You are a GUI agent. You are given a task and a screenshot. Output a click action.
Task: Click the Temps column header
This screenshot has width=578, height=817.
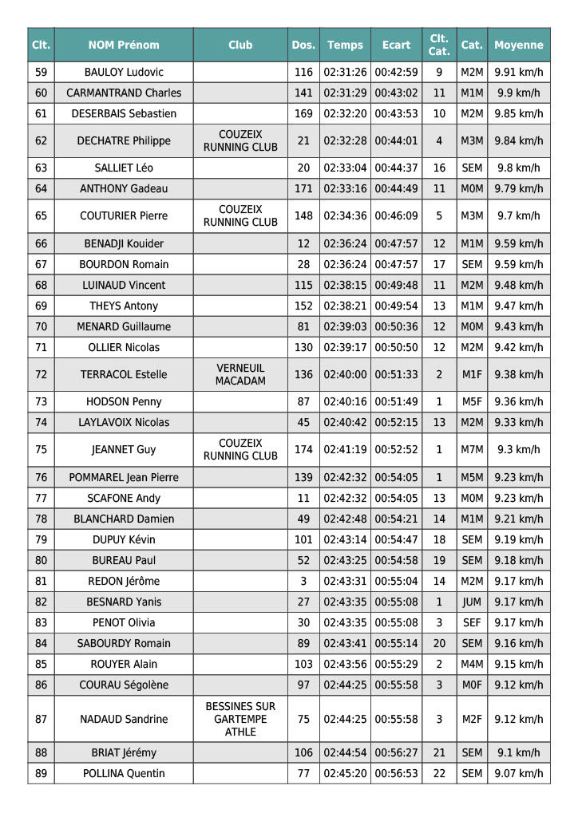[345, 45]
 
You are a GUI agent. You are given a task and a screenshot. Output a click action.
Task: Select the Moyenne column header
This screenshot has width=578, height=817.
[519, 45]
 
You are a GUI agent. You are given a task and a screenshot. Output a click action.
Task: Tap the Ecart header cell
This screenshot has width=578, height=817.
[396, 45]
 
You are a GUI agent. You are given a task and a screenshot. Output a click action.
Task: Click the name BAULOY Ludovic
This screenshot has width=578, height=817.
[124, 72]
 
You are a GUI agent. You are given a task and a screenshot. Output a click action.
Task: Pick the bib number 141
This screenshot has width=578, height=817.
[303, 93]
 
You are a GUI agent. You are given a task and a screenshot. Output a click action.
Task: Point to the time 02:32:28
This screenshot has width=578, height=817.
[345, 140]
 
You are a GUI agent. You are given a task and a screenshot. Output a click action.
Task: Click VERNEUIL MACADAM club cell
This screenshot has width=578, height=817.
[240, 374]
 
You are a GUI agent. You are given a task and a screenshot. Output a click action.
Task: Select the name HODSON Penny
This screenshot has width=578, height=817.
[124, 401]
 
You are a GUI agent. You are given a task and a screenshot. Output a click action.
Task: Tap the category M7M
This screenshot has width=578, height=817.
[472, 449]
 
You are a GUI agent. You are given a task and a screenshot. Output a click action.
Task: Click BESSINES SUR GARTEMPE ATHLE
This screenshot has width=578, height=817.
[240, 719]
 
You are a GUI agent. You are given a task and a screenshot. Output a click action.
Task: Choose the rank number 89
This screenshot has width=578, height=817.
[42, 773]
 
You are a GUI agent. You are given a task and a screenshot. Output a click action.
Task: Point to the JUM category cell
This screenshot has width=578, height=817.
[472, 602]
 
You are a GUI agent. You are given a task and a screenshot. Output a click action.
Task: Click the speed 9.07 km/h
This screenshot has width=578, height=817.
[519, 773]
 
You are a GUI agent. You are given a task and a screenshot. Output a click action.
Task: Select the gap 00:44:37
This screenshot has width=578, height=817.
[396, 168]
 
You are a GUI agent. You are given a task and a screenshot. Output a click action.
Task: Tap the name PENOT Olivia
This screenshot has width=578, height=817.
[124, 622]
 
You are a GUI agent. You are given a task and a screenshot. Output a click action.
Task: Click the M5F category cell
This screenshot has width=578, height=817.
[472, 401]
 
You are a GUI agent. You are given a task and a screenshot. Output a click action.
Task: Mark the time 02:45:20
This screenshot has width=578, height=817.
[345, 773]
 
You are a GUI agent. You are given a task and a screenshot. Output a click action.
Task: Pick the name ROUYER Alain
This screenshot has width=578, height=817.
[124, 664]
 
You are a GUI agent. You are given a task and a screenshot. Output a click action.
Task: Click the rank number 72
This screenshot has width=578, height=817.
[42, 374]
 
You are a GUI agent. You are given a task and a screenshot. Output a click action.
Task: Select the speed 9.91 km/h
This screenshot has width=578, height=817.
[519, 72]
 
